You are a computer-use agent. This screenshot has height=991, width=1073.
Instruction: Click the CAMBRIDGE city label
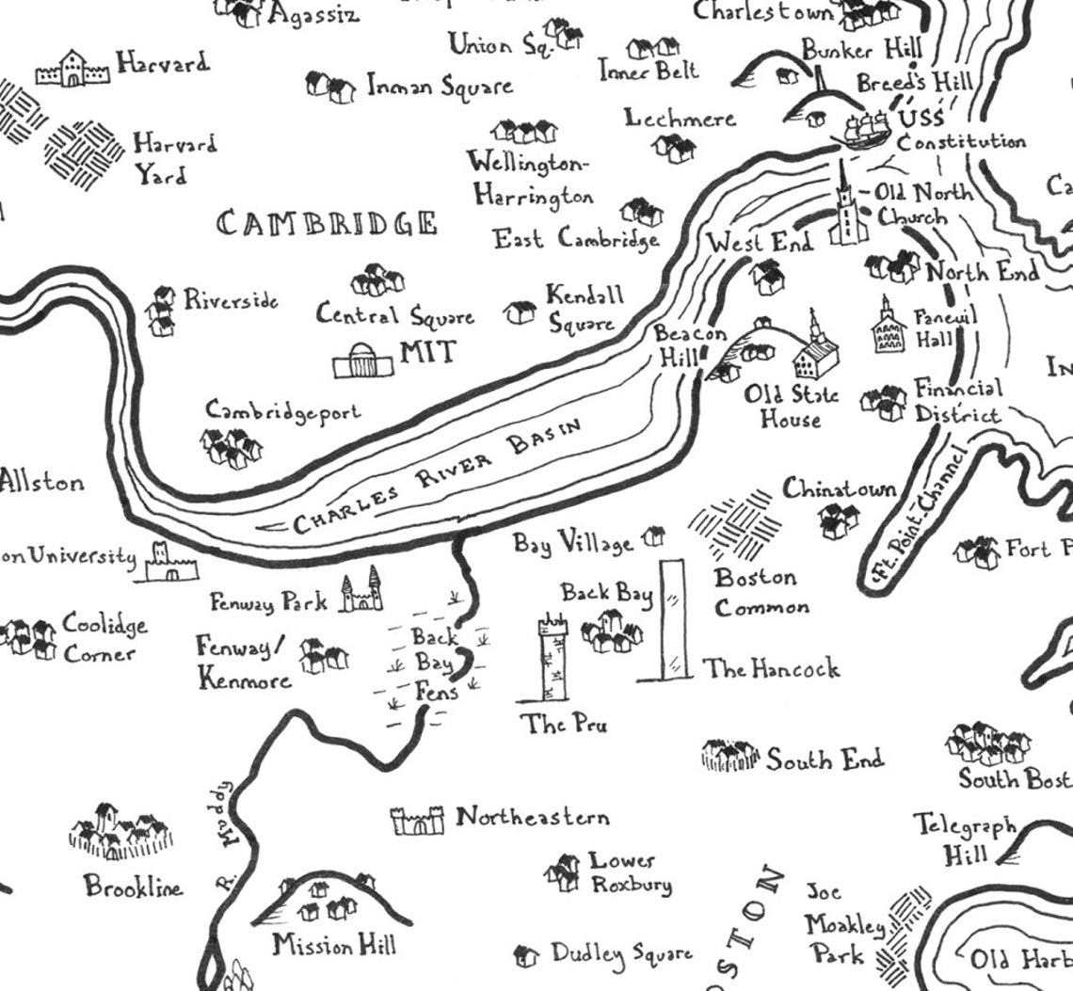pos(328,224)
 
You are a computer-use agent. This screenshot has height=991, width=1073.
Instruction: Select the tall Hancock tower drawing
pos(673,620)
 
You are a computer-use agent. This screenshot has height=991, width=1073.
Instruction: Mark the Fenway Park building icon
pos(361,593)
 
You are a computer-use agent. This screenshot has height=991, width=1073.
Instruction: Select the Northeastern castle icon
pos(417,821)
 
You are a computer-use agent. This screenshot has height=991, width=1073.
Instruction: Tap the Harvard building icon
pos(72,69)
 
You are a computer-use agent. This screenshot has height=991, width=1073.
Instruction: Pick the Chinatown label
pos(840,489)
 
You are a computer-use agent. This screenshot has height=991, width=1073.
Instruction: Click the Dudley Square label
pos(621,954)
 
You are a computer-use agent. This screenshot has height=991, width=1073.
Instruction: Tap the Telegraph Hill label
pos(965,840)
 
